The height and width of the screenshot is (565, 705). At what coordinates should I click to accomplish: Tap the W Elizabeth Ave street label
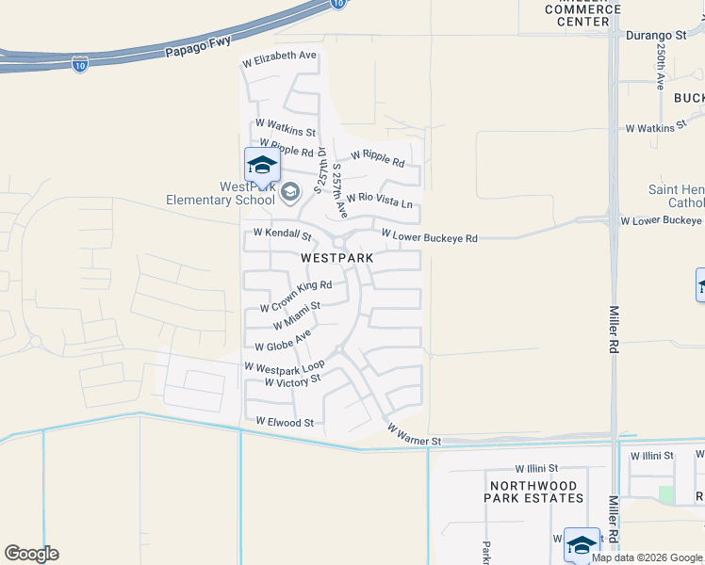(x=279, y=56)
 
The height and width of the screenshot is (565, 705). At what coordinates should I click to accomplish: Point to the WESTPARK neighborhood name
(x=336, y=257)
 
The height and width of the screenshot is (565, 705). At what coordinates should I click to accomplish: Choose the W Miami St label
(x=296, y=315)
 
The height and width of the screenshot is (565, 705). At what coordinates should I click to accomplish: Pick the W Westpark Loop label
(x=284, y=365)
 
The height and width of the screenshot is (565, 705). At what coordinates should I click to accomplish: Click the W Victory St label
(x=292, y=381)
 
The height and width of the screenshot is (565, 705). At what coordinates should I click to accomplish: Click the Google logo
(x=31, y=554)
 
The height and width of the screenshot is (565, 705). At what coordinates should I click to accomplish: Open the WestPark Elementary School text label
(x=220, y=193)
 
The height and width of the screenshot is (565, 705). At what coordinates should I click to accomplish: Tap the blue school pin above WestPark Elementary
(x=262, y=167)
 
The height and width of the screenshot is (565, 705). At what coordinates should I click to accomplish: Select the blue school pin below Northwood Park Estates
(x=582, y=544)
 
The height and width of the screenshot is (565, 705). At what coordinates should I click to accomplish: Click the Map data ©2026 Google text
(x=647, y=557)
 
